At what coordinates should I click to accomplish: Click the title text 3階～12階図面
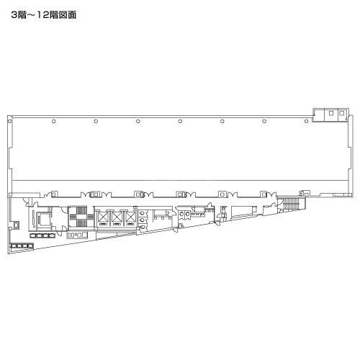click(x=44, y=15)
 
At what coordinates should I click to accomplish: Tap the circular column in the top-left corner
click(x=9, y=121)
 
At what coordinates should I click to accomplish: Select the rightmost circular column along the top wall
click(x=306, y=121)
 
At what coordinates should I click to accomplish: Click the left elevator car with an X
click(x=103, y=217)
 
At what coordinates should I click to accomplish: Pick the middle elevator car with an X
click(x=117, y=217)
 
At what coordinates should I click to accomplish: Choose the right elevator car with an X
click(x=130, y=217)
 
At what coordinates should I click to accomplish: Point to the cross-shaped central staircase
click(x=81, y=217)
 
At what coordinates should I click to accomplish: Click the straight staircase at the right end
click(x=291, y=204)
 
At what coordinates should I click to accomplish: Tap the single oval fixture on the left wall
click(x=16, y=225)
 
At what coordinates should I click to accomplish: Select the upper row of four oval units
click(x=42, y=235)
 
